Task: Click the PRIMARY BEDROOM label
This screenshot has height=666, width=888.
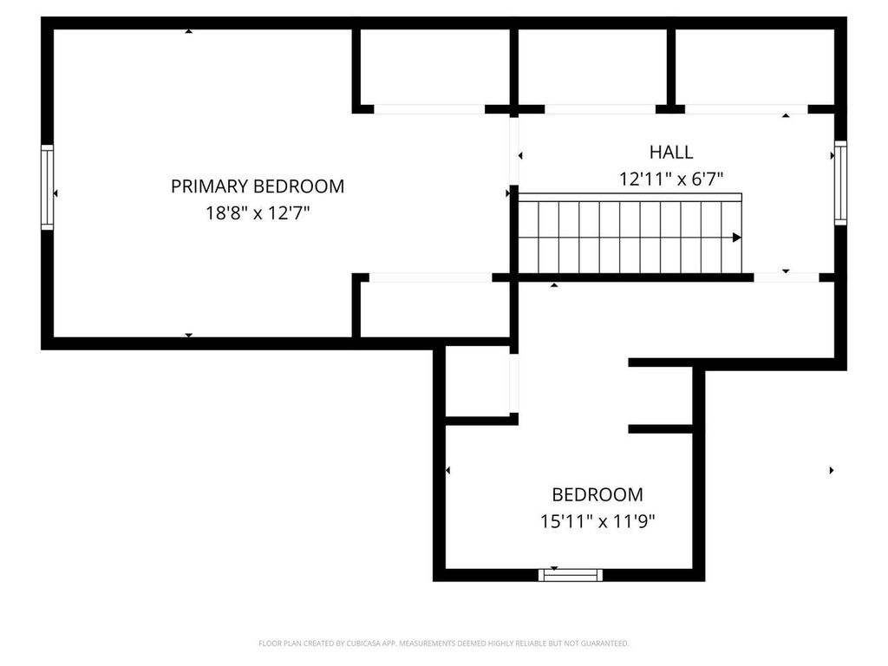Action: [257, 186]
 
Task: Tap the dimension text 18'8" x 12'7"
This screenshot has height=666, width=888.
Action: [257, 213]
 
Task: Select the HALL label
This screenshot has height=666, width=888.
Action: [671, 153]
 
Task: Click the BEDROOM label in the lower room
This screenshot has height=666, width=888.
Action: [597, 494]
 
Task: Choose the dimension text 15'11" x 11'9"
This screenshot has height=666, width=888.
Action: [597, 522]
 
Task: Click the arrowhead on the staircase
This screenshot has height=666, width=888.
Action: [736, 237]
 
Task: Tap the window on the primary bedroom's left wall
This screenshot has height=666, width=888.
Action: [48, 187]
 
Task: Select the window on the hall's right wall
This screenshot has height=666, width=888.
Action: [839, 184]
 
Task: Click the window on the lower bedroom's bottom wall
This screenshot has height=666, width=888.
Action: [570, 574]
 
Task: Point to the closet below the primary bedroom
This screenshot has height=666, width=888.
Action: [434, 309]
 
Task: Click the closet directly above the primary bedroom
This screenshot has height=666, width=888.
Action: [434, 67]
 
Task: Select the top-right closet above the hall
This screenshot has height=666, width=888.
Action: [754, 67]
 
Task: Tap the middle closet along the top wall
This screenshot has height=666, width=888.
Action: [592, 67]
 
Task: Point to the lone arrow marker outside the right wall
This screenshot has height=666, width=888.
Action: [832, 470]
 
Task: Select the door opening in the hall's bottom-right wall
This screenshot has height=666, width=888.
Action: [786, 277]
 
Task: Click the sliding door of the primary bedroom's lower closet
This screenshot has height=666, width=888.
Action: [430, 277]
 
